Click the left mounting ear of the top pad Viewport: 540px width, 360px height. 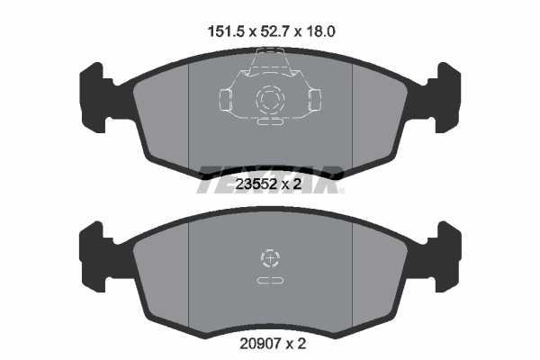94,94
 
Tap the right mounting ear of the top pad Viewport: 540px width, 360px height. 445,94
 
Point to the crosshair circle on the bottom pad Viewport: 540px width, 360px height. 270,260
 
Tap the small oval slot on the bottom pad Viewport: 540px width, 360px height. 270,282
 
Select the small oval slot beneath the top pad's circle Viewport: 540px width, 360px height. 270,123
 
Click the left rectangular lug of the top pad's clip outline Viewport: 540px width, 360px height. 225,96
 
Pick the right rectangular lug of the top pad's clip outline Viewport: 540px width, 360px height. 315,96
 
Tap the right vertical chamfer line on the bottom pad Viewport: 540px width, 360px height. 352,270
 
